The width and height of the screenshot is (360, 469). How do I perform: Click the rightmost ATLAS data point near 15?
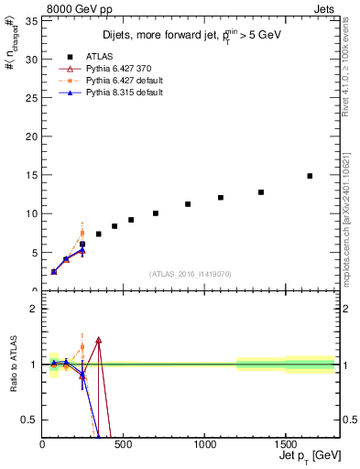[310, 176]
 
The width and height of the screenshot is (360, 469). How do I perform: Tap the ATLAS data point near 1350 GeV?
[261, 192]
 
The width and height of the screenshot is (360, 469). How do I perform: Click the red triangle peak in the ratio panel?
[98, 340]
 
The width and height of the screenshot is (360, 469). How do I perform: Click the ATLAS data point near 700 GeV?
[156, 213]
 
